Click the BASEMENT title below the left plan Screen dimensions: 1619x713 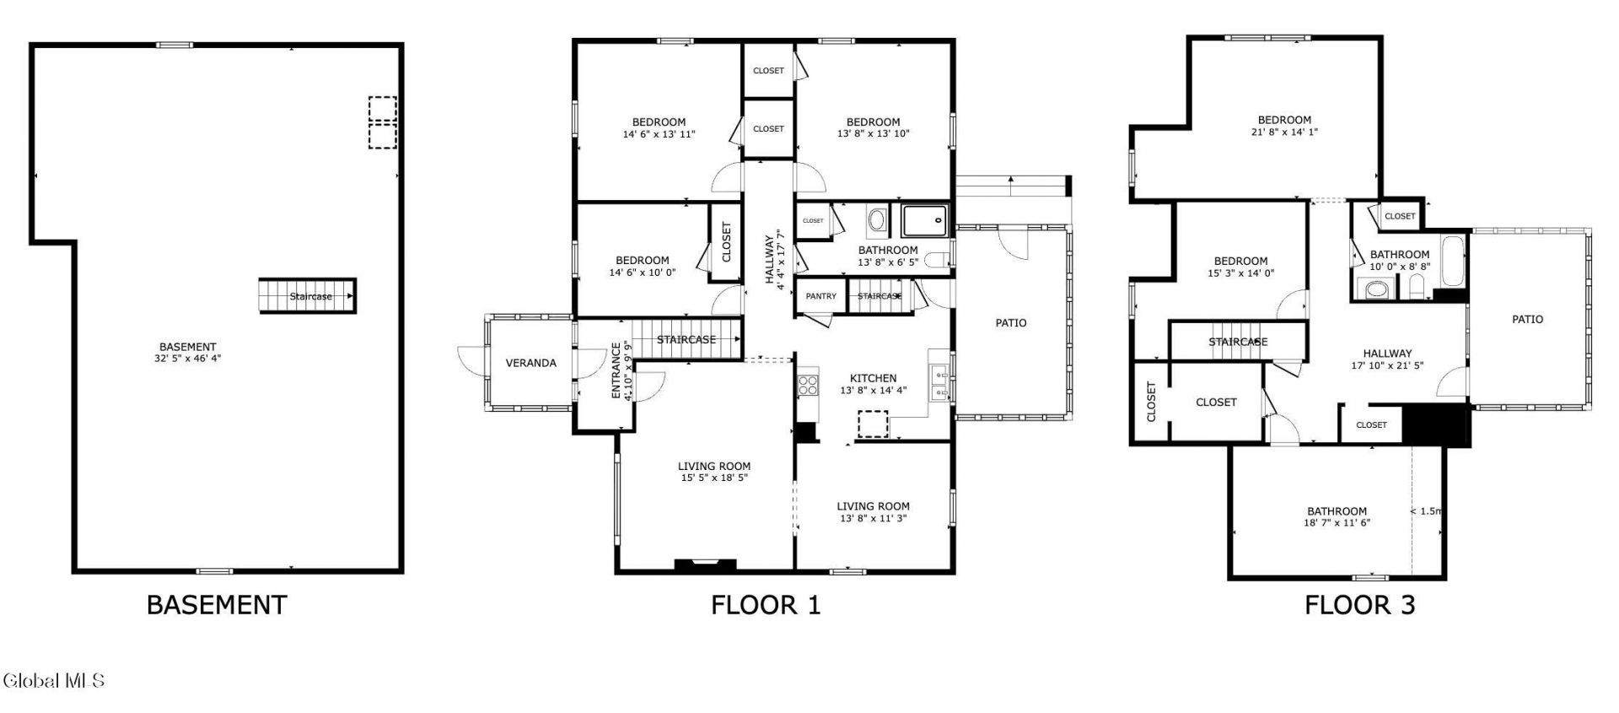coord(217,605)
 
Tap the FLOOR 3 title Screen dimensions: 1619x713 coord(1359,605)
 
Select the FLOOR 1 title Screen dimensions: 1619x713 coord(765,605)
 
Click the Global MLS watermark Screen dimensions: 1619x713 coord(53,680)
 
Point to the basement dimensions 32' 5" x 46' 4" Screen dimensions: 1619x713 coord(188,358)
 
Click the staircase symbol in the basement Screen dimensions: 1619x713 coord(307,296)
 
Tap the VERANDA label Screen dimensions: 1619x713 coord(530,363)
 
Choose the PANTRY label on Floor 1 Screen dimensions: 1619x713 coord(820,296)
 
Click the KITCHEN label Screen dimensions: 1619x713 coord(873,378)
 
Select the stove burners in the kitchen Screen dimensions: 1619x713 coord(808,386)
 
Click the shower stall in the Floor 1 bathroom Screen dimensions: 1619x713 coord(925,220)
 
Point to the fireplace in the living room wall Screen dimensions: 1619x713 coord(706,564)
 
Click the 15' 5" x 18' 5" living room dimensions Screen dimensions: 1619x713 coord(714,478)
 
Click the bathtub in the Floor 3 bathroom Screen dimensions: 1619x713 coord(1454,262)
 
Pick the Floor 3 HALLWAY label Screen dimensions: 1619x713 coord(1387,354)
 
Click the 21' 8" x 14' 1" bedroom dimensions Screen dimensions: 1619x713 coord(1284,132)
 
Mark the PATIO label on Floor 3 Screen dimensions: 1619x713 coord(1527,319)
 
